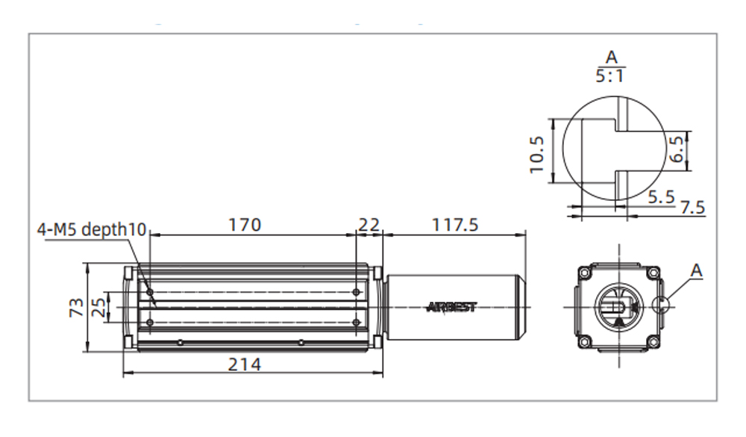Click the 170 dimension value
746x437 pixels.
245,224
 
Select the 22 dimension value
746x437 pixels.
369,224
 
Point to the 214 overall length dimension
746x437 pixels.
245,364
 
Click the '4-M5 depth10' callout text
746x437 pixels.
92,229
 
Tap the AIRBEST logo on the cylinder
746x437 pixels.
451,307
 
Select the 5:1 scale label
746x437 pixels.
612,75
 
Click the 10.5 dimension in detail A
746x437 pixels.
538,154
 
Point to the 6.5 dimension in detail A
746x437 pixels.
677,149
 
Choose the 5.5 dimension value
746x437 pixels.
660,196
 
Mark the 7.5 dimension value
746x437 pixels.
692,207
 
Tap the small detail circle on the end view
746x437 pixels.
660,303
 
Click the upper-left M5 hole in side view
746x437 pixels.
151,291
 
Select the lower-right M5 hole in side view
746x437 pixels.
357,323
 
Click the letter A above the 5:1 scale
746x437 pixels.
612,56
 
